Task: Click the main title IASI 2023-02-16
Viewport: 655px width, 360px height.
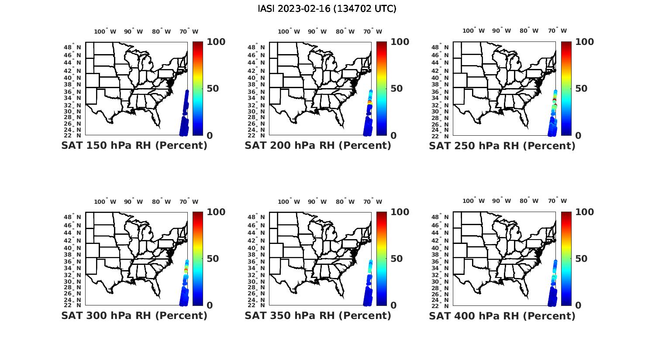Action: point(327,9)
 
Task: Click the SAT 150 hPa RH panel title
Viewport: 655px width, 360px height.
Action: point(134,146)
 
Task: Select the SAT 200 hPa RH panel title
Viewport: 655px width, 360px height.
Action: point(318,146)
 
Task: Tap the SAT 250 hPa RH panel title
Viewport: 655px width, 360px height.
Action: point(502,146)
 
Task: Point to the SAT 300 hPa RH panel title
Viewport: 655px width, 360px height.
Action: point(134,315)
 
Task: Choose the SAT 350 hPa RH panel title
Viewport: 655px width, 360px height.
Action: point(318,315)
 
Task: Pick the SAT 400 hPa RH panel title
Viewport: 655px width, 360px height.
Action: point(502,315)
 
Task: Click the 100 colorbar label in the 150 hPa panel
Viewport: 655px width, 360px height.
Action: point(216,42)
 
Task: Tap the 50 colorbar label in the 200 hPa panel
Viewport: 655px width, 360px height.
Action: point(396,89)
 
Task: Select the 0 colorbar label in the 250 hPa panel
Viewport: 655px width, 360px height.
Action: point(578,136)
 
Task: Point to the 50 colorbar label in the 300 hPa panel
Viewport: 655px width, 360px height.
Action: point(213,259)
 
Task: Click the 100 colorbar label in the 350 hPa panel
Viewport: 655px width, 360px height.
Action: point(400,212)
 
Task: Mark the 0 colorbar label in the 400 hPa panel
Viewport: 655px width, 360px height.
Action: point(578,305)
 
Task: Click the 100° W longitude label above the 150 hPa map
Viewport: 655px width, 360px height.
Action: point(105,31)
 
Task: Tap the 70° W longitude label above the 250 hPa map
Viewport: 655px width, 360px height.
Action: point(557,31)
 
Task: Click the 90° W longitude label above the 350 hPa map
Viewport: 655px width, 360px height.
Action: point(317,202)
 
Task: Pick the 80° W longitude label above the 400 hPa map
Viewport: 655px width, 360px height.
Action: point(529,201)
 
